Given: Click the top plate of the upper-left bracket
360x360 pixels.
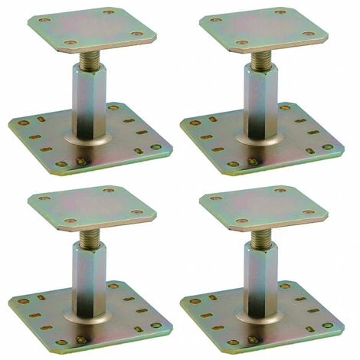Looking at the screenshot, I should [x=92, y=28].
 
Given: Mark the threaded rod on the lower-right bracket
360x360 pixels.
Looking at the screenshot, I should [x=261, y=235].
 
